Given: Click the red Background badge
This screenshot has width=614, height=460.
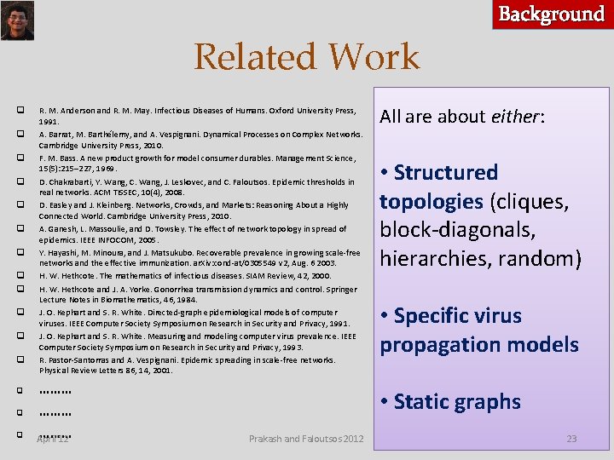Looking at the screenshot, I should point(552,14).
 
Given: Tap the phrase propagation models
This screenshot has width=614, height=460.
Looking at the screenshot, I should point(478,345).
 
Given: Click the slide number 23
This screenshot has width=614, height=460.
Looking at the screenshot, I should point(571,439).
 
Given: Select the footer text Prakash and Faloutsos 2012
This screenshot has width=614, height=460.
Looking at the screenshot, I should point(306,439).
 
